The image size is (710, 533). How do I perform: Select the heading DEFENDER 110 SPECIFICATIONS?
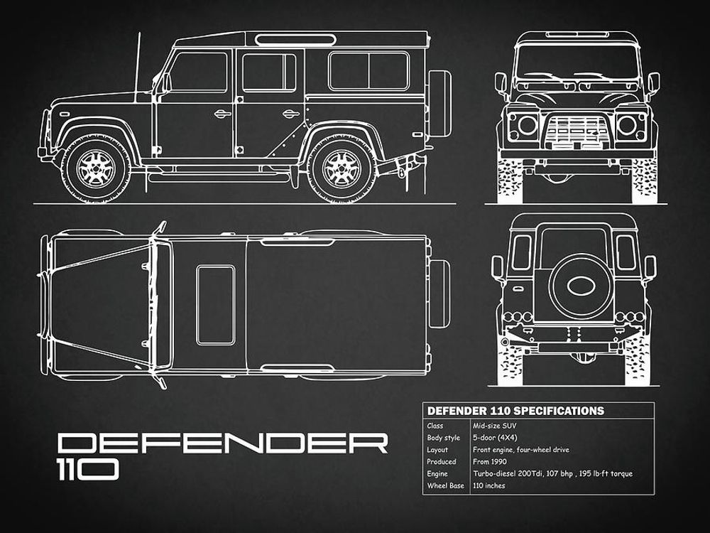(514, 411)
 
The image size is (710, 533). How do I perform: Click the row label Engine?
(437, 474)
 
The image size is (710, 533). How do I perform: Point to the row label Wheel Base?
(445, 486)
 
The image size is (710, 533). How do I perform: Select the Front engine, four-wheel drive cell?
(520, 450)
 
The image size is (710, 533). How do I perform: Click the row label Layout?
(437, 450)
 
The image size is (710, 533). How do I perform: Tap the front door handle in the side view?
(222, 114)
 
